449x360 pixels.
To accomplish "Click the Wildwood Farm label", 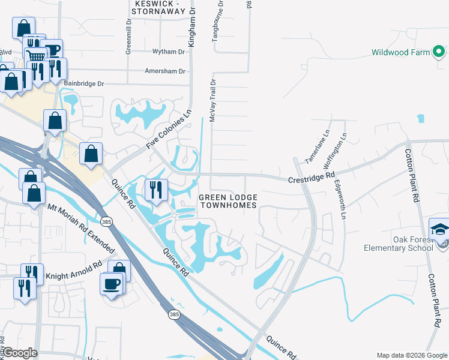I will click(400, 52).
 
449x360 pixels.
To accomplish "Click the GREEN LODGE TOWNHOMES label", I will click(228, 201).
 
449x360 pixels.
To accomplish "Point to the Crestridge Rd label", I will click(311, 178).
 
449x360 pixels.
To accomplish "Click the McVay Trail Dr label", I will click(212, 100).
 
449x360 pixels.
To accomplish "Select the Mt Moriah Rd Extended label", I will click(81, 229).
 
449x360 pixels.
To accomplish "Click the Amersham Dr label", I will click(165, 71).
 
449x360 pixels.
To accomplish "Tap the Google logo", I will click(19, 353).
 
